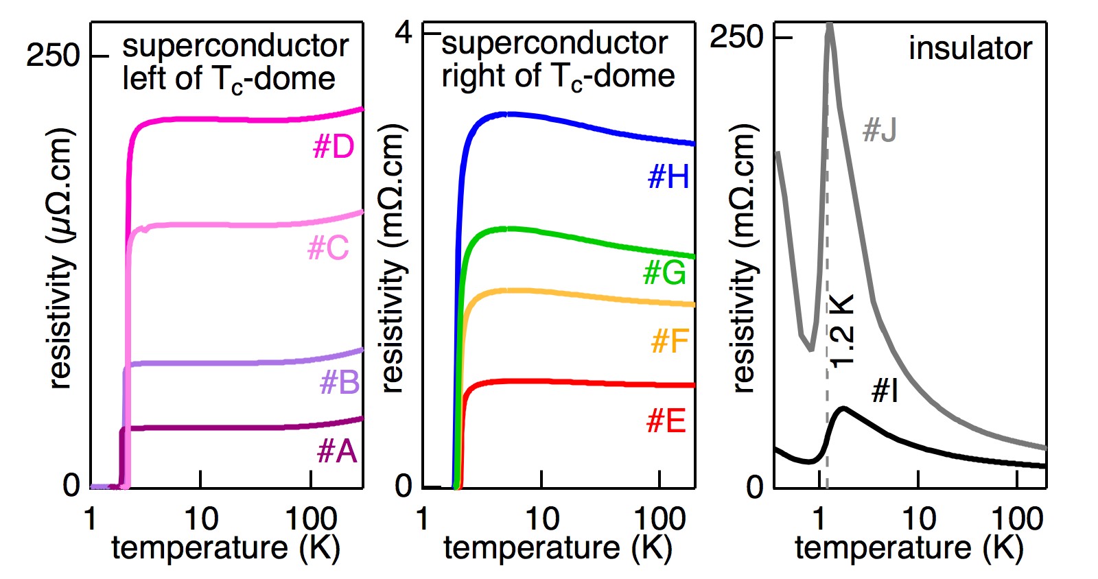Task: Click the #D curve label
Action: pos(334,147)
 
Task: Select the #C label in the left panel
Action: pos(329,248)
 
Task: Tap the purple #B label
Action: pos(340,382)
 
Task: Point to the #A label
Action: pos(337,451)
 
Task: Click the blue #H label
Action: pos(668,177)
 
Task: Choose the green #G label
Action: pos(664,273)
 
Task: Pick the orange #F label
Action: pos(670,341)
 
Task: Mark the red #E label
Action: pos(666,421)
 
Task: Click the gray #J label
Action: pos(879,130)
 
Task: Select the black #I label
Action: pos(885,390)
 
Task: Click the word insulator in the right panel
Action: pos(970,48)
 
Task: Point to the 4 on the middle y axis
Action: pos(404,32)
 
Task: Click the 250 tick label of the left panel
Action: pos(53,55)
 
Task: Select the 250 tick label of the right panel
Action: pos(736,36)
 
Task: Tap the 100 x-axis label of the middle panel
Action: pos(659,519)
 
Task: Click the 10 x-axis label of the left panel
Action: pos(200,519)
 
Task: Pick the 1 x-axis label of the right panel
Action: pos(819,519)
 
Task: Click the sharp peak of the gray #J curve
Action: pos(830,27)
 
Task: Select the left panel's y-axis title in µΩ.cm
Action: pos(61,258)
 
